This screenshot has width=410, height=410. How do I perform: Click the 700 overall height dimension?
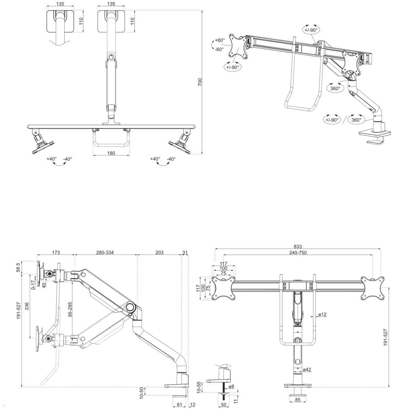(200, 82)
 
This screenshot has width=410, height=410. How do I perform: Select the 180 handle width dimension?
(111, 153)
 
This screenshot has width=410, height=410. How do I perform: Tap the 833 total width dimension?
(298, 247)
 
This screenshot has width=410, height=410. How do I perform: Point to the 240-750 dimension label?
(297, 252)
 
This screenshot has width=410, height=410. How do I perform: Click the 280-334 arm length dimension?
(105, 252)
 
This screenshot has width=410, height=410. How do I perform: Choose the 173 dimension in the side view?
(56, 252)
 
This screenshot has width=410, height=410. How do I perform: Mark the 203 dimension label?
(159, 252)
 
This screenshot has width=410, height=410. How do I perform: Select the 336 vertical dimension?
(27, 307)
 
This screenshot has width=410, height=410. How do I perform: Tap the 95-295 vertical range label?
(70, 310)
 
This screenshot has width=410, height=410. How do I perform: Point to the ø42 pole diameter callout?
(307, 369)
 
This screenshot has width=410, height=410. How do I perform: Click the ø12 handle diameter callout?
(322, 314)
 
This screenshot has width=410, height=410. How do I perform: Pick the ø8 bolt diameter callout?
(231, 386)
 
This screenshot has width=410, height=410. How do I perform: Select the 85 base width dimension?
(298, 400)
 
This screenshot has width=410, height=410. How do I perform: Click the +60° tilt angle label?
(220, 40)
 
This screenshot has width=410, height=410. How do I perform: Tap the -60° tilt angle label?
(219, 49)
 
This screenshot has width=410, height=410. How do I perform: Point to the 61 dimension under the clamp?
(179, 405)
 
